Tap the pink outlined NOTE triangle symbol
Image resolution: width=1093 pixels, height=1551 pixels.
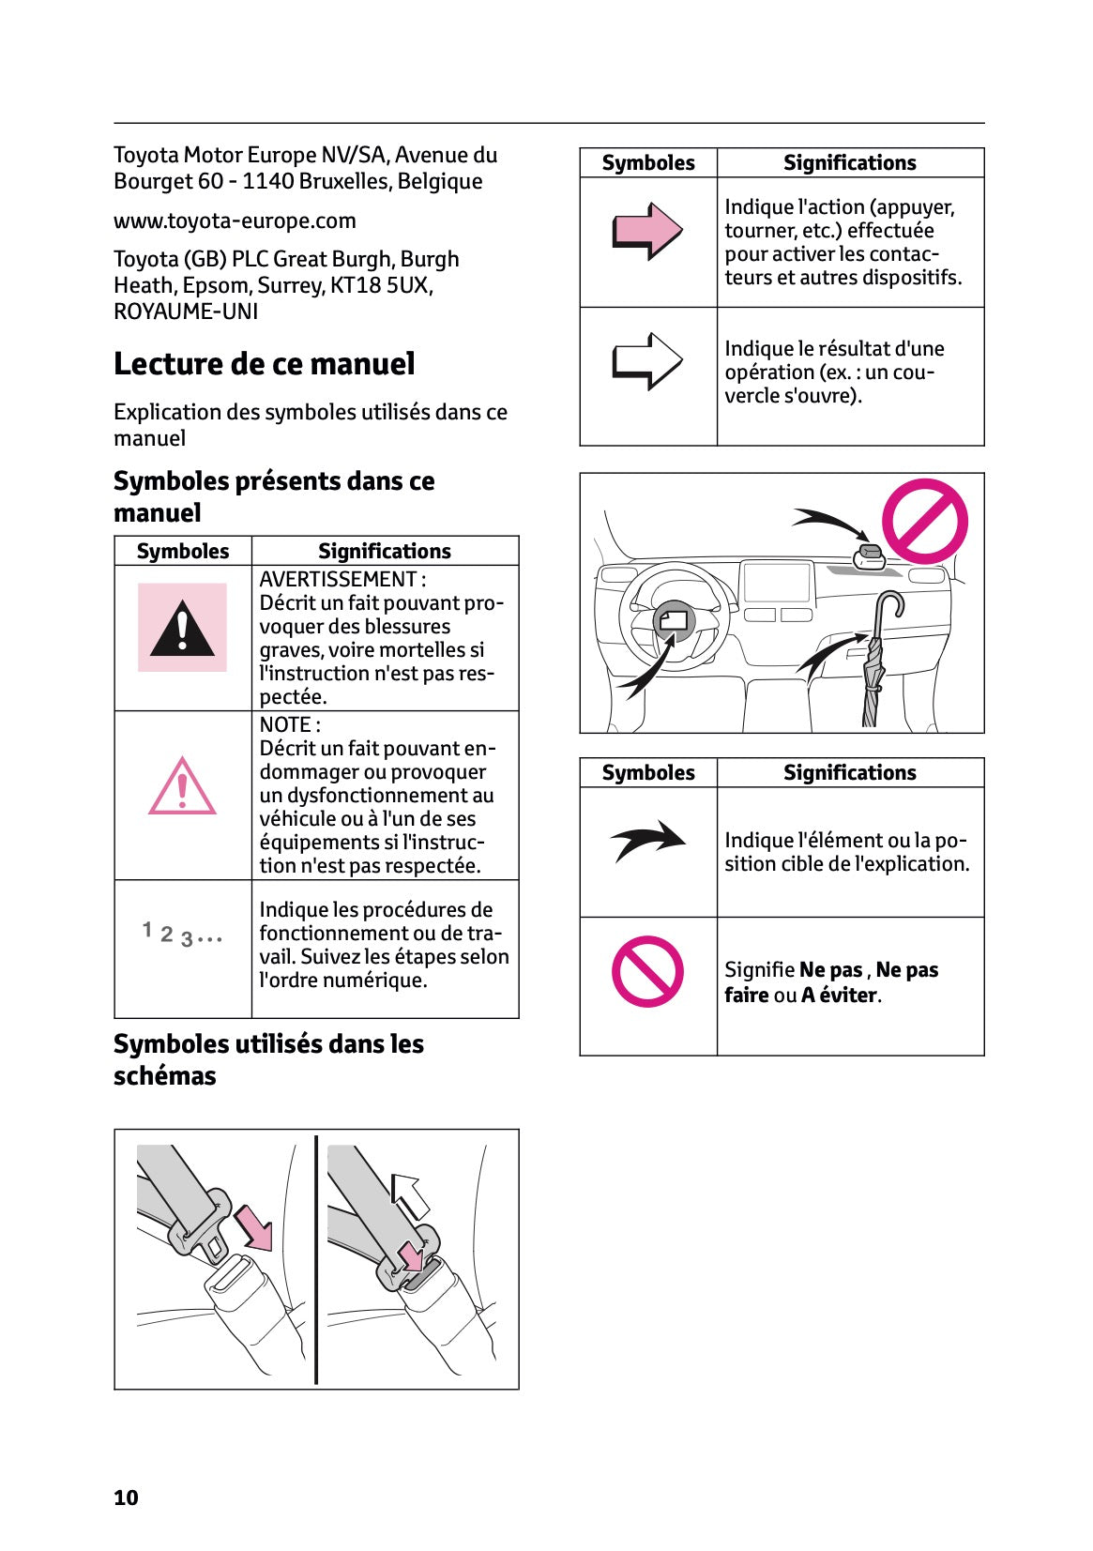(x=182, y=788)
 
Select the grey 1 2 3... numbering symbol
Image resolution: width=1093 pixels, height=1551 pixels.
(x=182, y=935)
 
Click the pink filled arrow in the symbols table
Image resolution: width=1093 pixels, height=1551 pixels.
(x=646, y=231)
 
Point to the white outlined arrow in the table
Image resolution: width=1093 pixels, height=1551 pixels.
(x=646, y=361)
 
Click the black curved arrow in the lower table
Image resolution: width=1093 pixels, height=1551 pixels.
(x=648, y=841)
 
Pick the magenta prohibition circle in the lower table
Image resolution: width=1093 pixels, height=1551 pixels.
(x=647, y=971)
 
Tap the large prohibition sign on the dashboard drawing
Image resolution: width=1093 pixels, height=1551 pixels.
(x=924, y=522)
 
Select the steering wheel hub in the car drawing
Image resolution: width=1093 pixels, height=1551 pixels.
(x=675, y=620)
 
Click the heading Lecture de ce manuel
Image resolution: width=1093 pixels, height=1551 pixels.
(x=264, y=364)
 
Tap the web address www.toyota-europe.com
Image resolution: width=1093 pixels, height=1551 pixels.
(x=235, y=221)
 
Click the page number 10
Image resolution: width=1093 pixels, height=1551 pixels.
(x=126, y=1498)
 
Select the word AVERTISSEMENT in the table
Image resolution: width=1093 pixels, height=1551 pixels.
(x=338, y=580)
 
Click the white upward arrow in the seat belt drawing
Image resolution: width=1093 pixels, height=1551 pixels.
(x=410, y=1194)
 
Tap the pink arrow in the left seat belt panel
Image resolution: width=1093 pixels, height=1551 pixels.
(x=253, y=1227)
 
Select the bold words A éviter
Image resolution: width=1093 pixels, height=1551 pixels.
(x=840, y=996)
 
